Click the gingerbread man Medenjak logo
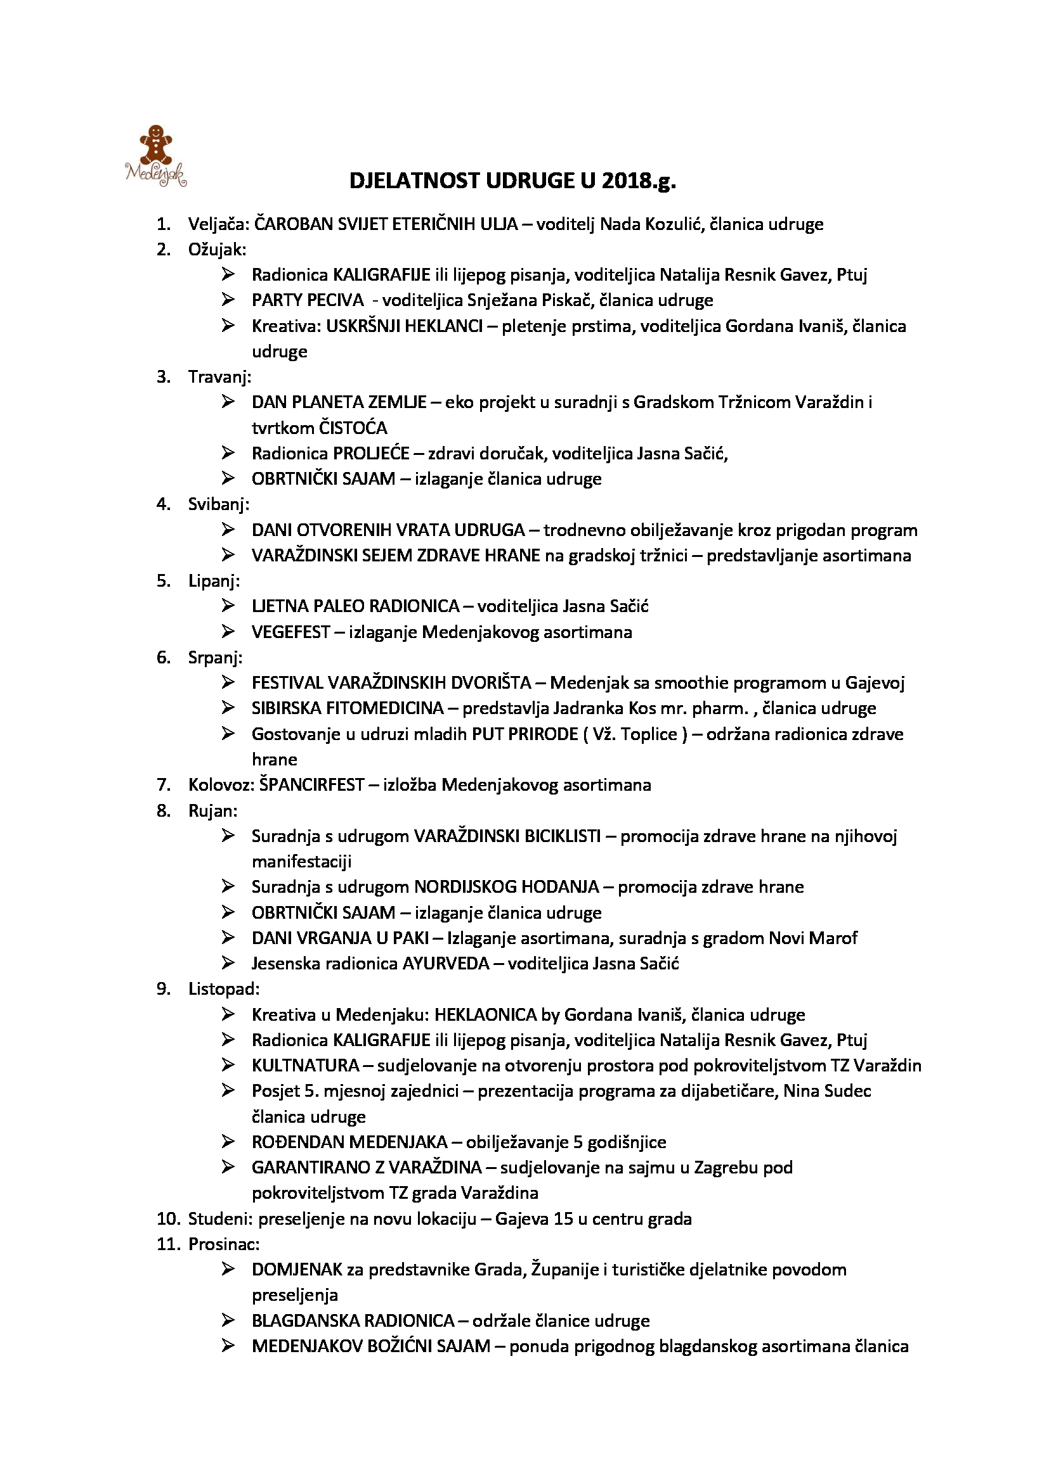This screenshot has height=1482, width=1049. point(155,156)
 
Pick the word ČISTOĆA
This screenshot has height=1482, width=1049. point(353,427)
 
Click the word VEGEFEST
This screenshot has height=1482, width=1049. point(290,632)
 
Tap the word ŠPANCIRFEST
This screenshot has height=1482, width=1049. point(311,785)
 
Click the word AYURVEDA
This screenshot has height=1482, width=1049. point(446,964)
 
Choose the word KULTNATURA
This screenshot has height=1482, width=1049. point(306,1066)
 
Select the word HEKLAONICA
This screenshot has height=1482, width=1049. point(486,1014)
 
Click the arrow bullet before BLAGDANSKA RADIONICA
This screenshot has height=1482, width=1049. point(228,1320)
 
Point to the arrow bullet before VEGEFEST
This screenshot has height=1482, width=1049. point(228,632)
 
